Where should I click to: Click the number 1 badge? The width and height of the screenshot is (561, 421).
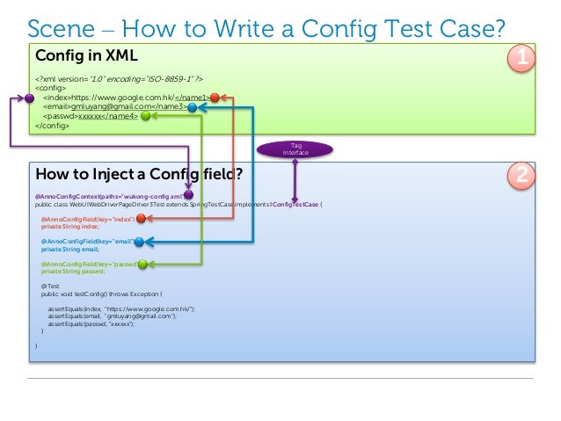(x=522, y=59)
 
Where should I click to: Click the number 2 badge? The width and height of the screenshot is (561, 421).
(x=522, y=177)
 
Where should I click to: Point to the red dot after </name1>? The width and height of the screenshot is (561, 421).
(x=214, y=98)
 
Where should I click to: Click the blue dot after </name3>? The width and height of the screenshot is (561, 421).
(x=193, y=107)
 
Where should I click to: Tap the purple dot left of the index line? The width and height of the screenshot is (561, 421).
(x=29, y=98)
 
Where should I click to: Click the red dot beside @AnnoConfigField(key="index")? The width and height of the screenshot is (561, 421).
(x=141, y=218)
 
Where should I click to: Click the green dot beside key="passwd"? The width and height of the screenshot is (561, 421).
(x=141, y=263)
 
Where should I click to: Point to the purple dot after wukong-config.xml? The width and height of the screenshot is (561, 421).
(x=188, y=194)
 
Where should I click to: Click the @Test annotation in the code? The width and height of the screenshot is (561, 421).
(x=48, y=287)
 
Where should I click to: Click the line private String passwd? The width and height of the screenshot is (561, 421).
(x=71, y=272)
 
